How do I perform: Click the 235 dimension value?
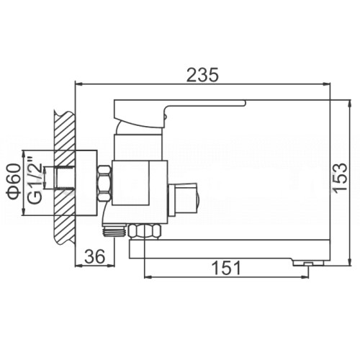pyautogui.click(x=203, y=75)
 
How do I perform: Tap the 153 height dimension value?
pyautogui.click(x=340, y=176)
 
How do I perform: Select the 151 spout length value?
pyautogui.click(x=227, y=268)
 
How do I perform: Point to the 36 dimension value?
pyautogui.click(x=95, y=256)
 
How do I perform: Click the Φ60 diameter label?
pyautogui.click(x=14, y=181)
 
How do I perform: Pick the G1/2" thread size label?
pyautogui.click(x=35, y=179)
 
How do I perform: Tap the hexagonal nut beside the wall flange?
pyautogui.click(x=104, y=183)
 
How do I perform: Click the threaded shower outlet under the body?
pyautogui.click(x=114, y=231)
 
